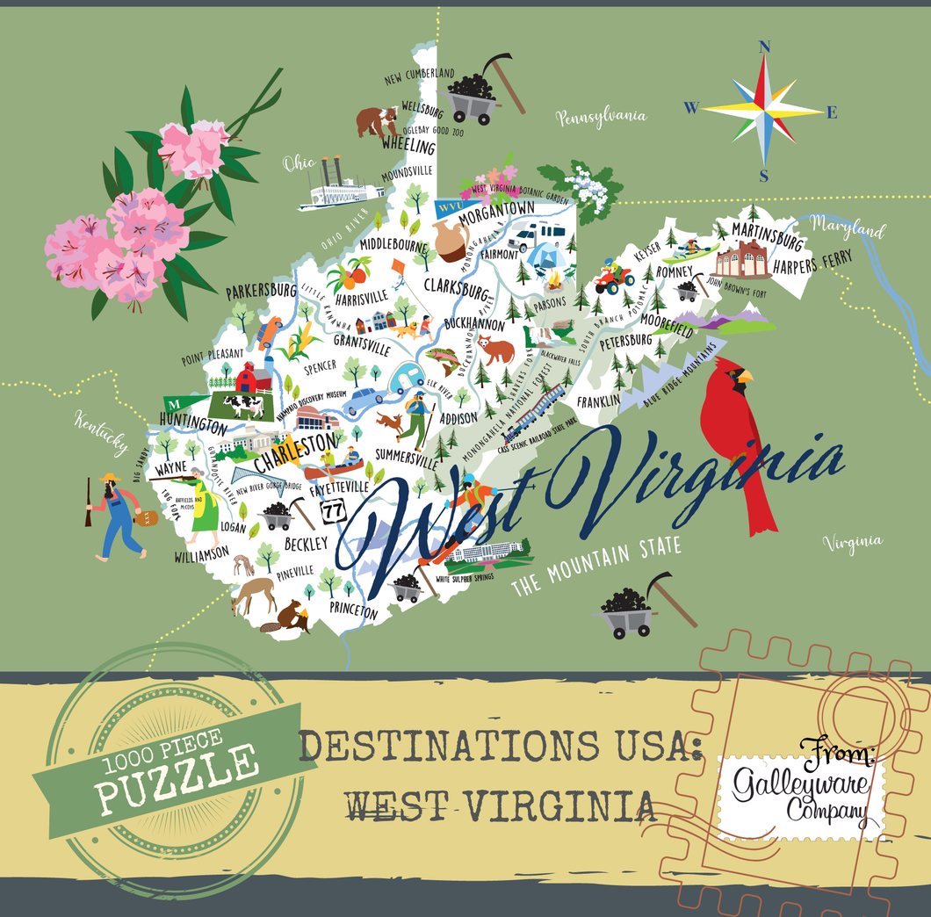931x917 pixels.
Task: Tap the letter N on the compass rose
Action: [764, 48]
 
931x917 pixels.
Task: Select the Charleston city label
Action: [296, 451]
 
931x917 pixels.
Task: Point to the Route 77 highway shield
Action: [332, 509]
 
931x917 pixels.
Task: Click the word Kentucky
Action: [101, 432]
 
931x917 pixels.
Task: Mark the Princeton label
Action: [355, 610]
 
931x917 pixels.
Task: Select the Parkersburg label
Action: [261, 290]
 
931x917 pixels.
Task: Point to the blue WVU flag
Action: [448, 208]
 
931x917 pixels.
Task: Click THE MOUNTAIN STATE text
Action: [597, 565]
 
